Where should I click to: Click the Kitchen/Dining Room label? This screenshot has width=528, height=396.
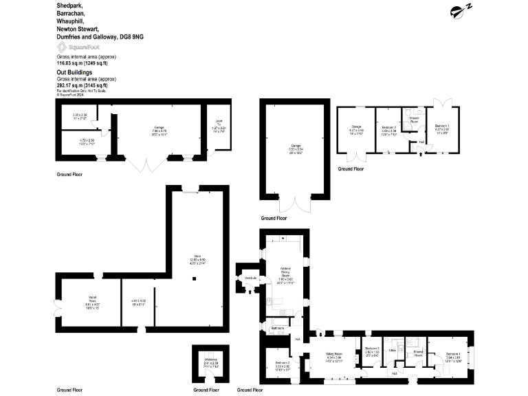tap(286, 272)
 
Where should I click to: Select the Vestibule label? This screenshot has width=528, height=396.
tap(250, 277)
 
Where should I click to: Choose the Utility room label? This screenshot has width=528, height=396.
tap(393, 350)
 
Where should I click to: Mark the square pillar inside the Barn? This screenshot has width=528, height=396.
tap(195, 278)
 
